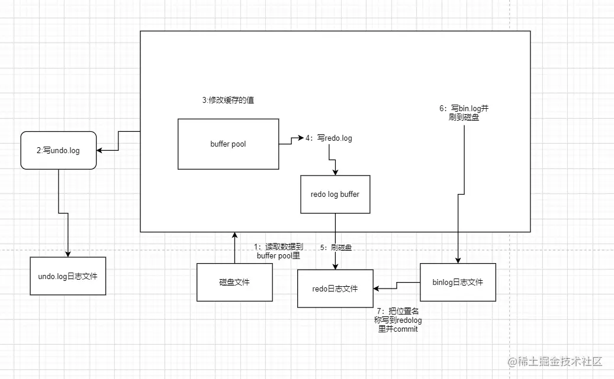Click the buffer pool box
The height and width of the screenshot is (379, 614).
[229, 144]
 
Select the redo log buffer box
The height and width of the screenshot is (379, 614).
[335, 195]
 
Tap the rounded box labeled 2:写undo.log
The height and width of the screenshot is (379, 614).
[59, 151]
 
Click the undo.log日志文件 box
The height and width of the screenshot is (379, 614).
[67, 276]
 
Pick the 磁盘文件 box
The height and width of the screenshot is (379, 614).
[234, 283]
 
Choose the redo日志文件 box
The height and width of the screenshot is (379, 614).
[335, 289]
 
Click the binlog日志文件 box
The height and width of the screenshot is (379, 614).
[458, 283]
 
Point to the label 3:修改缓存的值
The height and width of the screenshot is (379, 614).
[228, 100]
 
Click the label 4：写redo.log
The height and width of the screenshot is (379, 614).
[329, 138]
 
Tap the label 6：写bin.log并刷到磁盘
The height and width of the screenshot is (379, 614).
[464, 113]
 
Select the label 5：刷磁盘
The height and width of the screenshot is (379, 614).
[336, 248]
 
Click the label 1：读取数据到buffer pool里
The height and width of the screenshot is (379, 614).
[278, 251]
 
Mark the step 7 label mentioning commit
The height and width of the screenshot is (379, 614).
[398, 320]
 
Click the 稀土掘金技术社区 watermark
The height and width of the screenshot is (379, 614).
[555, 361]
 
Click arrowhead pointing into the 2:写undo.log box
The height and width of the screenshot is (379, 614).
[99, 150]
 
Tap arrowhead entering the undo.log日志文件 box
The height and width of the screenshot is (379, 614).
[67, 254]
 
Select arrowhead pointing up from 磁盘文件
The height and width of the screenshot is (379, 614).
[234, 235]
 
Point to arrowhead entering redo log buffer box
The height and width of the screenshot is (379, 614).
[335, 172]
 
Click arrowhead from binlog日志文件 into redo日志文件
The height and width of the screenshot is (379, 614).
[377, 289]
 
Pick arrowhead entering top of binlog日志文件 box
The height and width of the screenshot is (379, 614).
[458, 260]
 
